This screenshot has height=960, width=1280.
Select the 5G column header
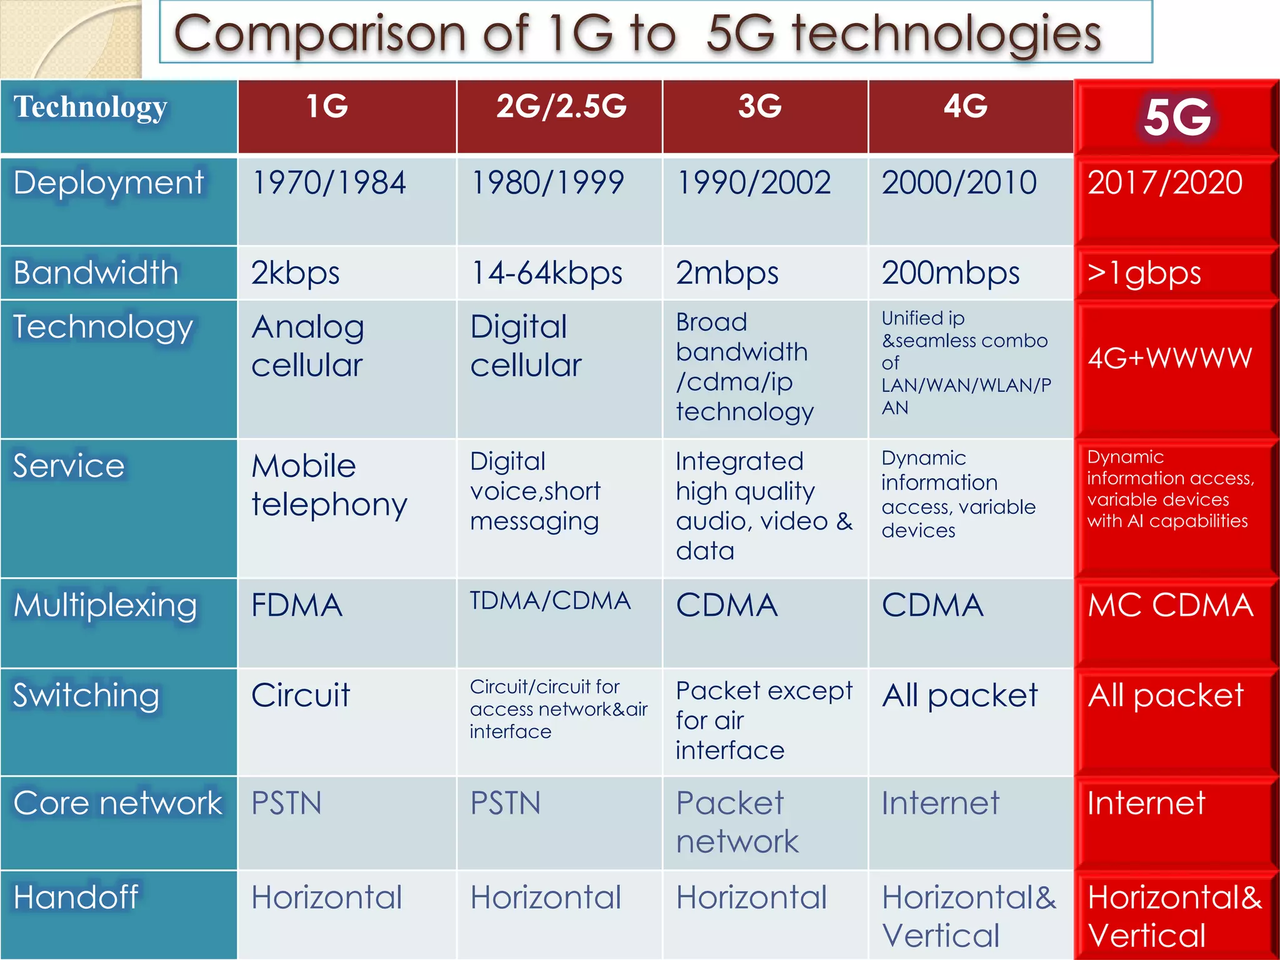[x=1176, y=117]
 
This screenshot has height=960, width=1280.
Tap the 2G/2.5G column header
[x=561, y=106]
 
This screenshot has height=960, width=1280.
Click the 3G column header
[x=759, y=106]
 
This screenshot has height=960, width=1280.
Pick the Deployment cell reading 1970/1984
[x=329, y=183]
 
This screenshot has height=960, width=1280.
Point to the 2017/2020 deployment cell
[x=1165, y=183]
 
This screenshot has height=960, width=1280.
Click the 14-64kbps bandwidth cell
[x=547, y=273]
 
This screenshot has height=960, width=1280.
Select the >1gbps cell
[x=1144, y=273]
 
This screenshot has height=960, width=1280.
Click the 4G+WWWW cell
[x=1169, y=358]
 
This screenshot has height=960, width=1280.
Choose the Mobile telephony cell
[x=329, y=485]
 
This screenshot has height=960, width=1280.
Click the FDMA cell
[x=297, y=605]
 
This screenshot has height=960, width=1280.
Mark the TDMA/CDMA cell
[x=550, y=601]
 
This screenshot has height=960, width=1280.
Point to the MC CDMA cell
[x=1170, y=605]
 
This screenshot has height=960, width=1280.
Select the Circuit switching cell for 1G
[x=301, y=695]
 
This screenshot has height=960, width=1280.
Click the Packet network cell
[x=737, y=822]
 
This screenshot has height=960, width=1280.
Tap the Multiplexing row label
[x=105, y=605]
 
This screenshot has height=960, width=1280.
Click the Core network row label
[x=117, y=803]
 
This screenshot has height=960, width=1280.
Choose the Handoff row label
[x=76, y=897]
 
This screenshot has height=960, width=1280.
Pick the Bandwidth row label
[x=96, y=273]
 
